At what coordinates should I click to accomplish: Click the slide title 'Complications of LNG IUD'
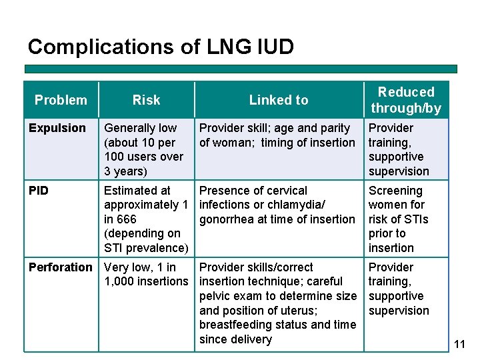[x=161, y=47]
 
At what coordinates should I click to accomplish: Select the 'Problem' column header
[x=61, y=100]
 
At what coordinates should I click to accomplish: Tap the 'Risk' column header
[x=146, y=100]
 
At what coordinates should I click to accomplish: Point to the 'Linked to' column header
[x=279, y=100]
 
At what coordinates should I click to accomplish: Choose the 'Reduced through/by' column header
[x=406, y=100]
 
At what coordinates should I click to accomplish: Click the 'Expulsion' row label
[x=57, y=128]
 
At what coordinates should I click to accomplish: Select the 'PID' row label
[x=39, y=191]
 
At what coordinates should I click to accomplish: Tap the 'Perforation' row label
[x=61, y=267]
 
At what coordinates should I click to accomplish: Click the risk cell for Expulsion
[x=144, y=149]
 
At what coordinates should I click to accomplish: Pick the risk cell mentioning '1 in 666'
[x=145, y=219]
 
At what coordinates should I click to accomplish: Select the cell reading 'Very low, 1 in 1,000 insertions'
[x=146, y=274]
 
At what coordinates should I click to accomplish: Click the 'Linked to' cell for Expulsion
[x=277, y=135]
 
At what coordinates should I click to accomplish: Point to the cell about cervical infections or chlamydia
[x=277, y=205]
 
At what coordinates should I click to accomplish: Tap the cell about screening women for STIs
[x=399, y=219]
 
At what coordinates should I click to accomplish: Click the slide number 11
[x=459, y=344]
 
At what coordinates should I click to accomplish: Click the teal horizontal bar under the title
[x=241, y=69]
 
